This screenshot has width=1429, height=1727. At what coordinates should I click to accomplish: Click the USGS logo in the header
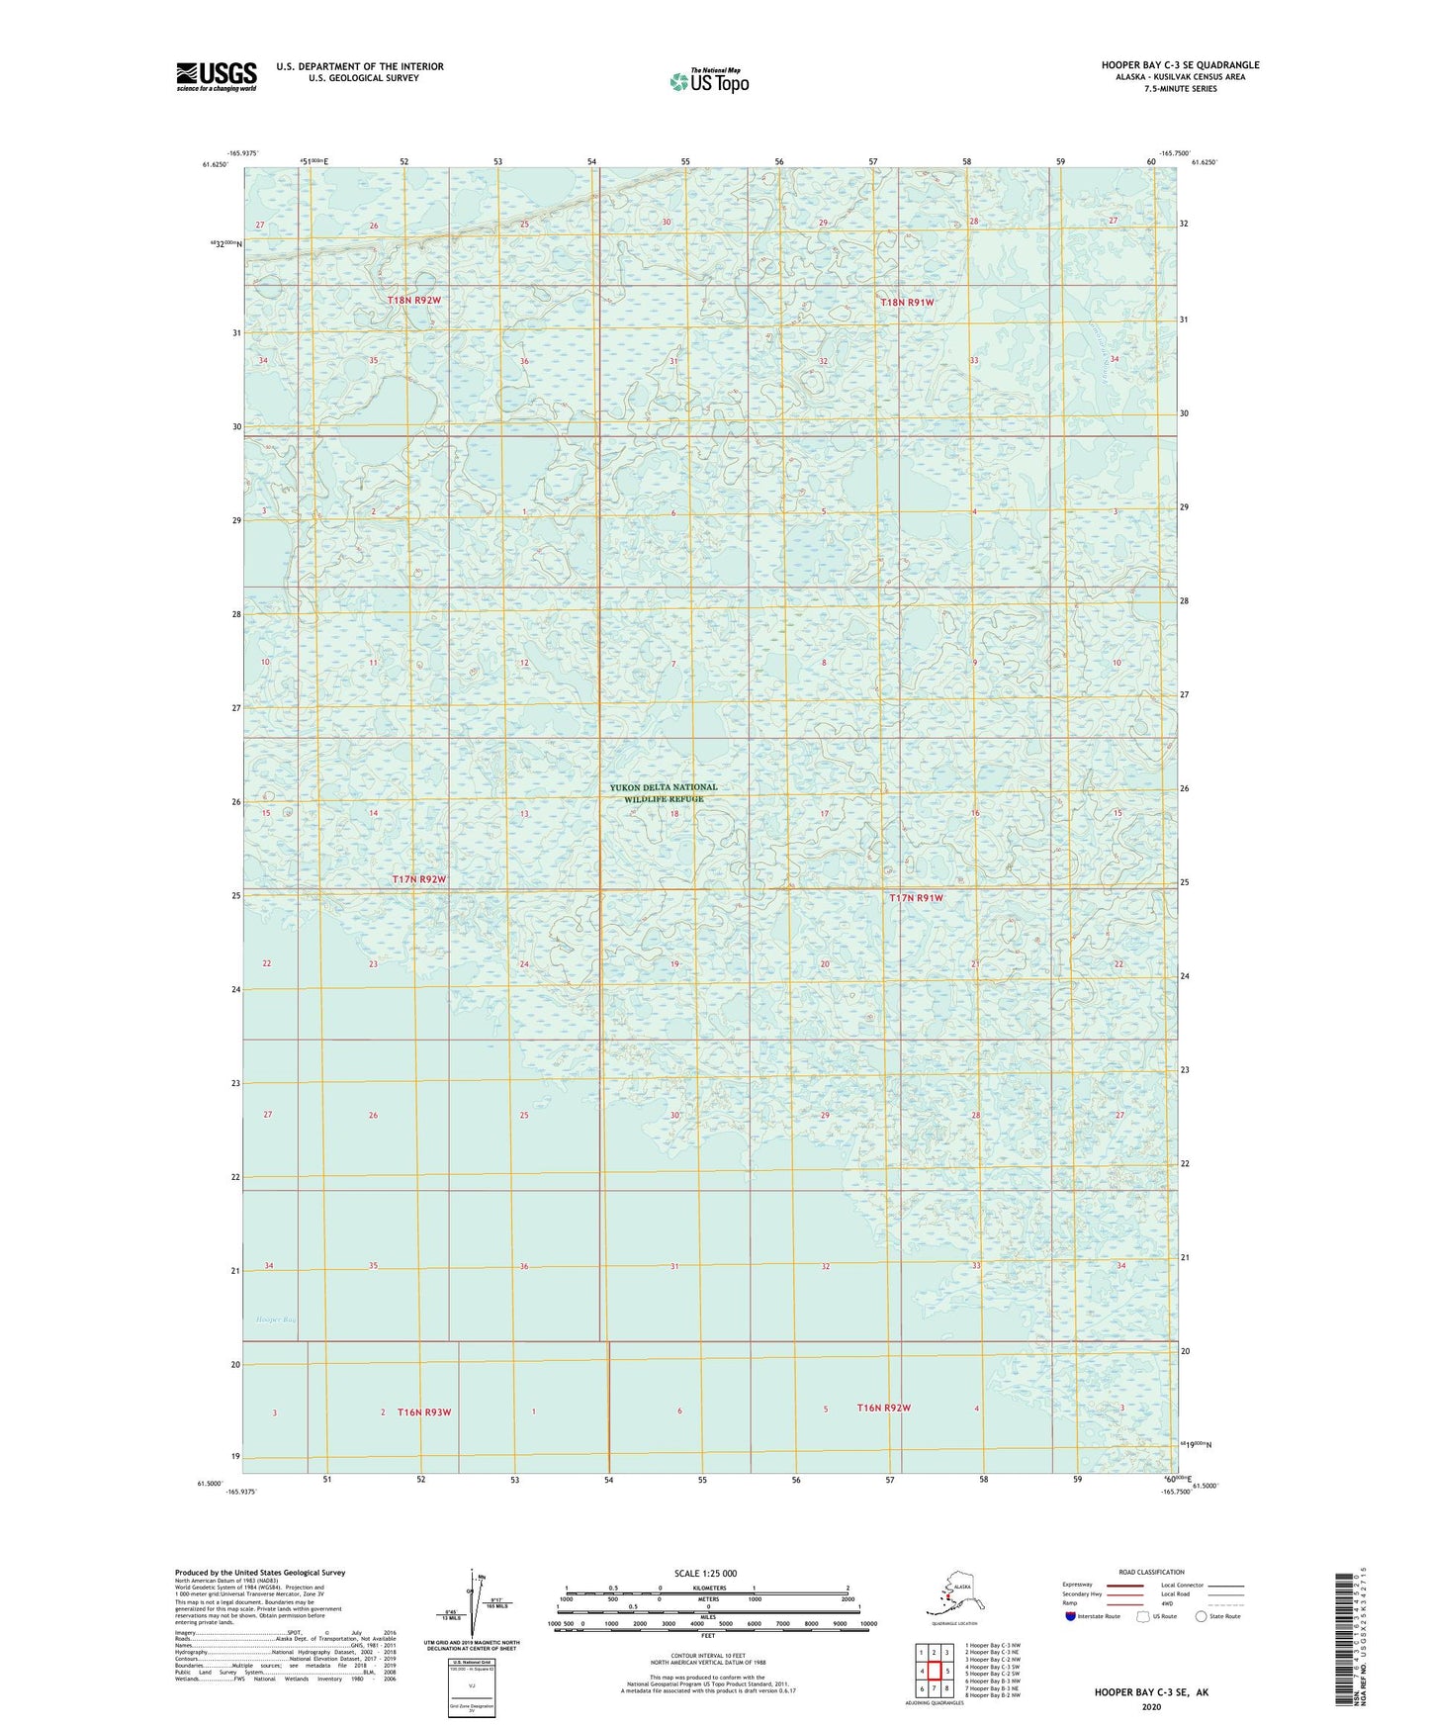(x=217, y=76)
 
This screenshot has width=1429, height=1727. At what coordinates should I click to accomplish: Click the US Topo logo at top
(x=708, y=81)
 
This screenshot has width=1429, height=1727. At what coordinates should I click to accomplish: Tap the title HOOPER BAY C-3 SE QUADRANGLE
(x=1180, y=65)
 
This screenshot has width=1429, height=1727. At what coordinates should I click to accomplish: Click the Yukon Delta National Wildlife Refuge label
(x=664, y=793)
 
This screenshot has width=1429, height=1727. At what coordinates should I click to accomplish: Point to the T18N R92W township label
(x=414, y=300)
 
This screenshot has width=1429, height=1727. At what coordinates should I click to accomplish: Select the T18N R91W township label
(x=907, y=302)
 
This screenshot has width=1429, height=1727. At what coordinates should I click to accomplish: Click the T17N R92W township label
(x=419, y=879)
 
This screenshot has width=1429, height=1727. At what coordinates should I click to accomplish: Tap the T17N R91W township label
(x=916, y=898)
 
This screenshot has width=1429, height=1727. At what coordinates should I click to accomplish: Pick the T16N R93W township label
(x=423, y=1411)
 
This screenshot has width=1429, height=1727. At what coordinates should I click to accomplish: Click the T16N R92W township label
(x=883, y=1408)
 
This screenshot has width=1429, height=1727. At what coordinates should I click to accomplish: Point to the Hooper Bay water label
(x=276, y=1319)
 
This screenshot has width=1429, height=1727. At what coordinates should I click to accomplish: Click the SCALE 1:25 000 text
(x=705, y=1574)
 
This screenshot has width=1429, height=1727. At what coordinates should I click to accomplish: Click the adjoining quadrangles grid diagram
(x=934, y=1673)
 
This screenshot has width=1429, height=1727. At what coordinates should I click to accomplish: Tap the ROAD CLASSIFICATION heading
(x=1151, y=1572)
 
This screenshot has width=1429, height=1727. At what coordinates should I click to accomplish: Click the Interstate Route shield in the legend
(x=1071, y=1616)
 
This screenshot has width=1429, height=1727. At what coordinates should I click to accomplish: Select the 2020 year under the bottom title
(x=1151, y=1706)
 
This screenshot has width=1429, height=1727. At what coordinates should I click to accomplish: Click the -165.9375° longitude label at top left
(x=242, y=153)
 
